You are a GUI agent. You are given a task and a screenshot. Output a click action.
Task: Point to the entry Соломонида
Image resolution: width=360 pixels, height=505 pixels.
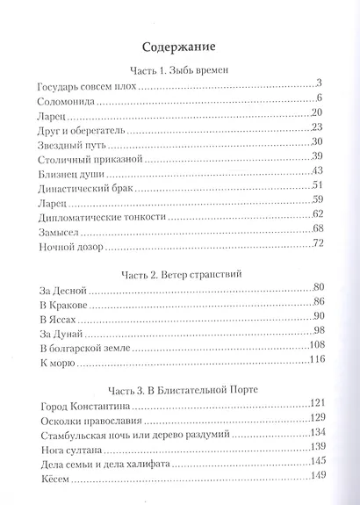tap(68, 103)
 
